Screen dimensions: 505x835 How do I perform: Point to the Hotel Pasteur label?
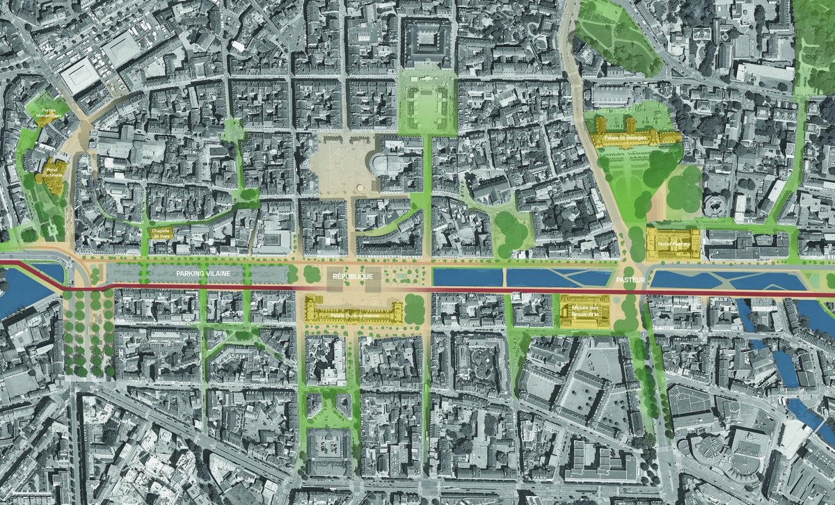click(x=673, y=244)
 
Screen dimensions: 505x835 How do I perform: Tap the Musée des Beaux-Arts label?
click(x=585, y=311)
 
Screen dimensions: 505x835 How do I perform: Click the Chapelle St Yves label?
click(x=161, y=232)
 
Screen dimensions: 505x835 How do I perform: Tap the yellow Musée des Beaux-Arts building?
click(x=585, y=311)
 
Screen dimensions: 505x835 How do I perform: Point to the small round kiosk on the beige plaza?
click(x=358, y=187)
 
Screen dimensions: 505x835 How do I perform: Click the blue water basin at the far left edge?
click(x=21, y=282)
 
